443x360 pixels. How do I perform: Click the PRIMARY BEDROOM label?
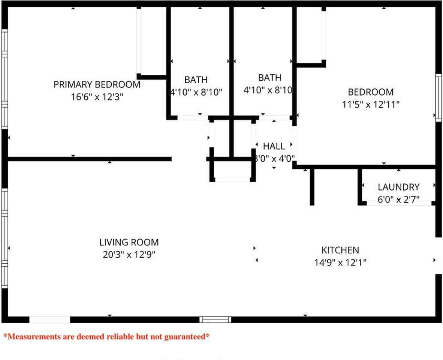click(x=97, y=84)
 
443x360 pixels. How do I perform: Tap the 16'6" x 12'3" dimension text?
click(x=97, y=97)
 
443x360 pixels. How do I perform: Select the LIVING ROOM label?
click(x=129, y=242)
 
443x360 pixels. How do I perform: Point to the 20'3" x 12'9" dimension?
click(x=129, y=255)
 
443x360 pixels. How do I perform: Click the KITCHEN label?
click(x=340, y=250)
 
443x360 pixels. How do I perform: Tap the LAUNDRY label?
click(x=398, y=187)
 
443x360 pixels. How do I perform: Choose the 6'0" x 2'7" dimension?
click(x=398, y=199)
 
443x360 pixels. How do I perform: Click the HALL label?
click(x=274, y=146)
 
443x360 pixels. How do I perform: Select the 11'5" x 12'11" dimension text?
click(x=371, y=104)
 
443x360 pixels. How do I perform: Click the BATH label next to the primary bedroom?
click(x=196, y=80)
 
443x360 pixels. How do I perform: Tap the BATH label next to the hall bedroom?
click(x=269, y=78)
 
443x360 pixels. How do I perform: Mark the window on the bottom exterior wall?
click(x=215, y=319)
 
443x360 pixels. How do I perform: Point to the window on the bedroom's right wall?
click(x=439, y=97)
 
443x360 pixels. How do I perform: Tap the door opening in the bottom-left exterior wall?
click(x=49, y=319)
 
